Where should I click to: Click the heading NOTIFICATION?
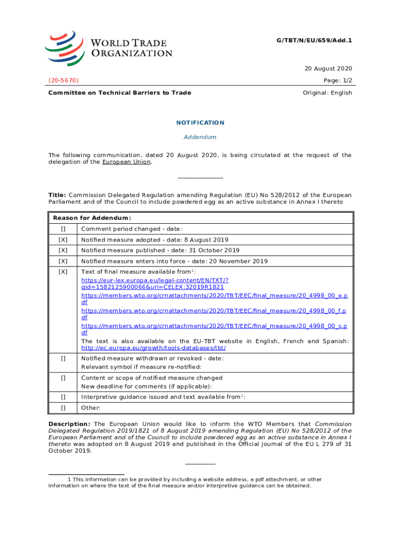200,123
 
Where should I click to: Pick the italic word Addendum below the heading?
200,137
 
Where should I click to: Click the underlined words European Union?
127,162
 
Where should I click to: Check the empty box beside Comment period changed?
63,229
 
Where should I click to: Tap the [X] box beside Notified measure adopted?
63,240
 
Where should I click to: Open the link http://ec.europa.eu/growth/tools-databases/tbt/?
154,348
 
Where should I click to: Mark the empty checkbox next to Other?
63,408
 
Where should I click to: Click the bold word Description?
69,424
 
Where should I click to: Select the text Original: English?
328,93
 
